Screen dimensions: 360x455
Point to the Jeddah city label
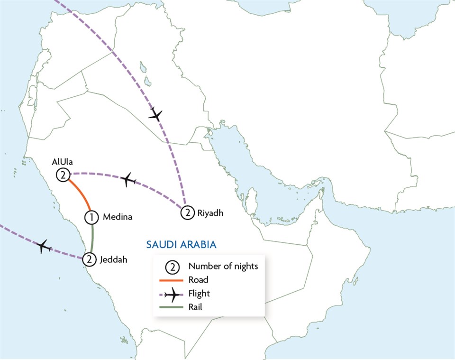coord(113,259)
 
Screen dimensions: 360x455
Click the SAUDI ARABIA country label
coord(181,245)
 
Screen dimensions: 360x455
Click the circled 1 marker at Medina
coord(91,217)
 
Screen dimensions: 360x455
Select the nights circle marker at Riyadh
coord(188,212)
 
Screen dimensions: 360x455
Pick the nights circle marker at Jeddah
coord(89,259)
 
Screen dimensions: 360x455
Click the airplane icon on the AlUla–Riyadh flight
coord(127,180)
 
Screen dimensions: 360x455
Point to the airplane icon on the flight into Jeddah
coord(44,246)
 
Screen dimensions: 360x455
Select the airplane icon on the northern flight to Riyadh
coord(155,114)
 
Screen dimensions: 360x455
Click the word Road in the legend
coord(198,280)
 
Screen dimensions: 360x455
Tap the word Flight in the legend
coord(199,294)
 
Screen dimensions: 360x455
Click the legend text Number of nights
coord(223,266)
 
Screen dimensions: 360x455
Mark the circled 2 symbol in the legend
coord(173,267)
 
